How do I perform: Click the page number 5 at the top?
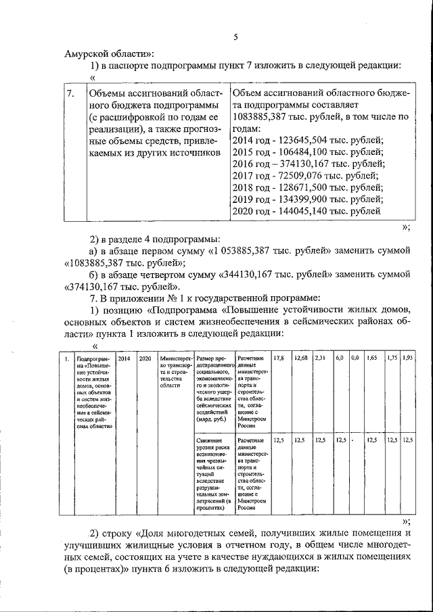click(x=235, y=38)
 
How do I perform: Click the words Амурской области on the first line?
click(x=109, y=53)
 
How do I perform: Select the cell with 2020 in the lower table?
click(x=145, y=358)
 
